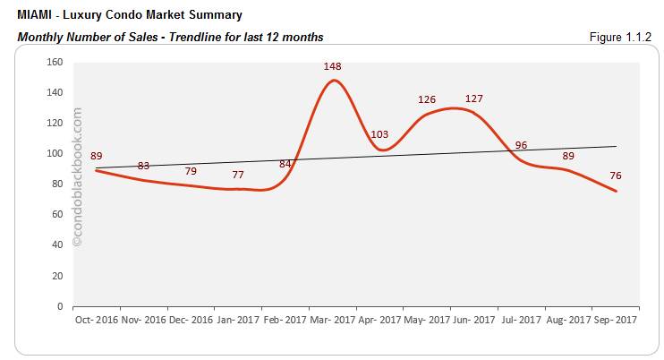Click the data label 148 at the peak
pyautogui.click(x=334, y=66)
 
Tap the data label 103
pyautogui.click(x=379, y=135)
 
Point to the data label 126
pyautogui.click(x=428, y=99)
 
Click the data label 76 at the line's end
pyautogui.click(x=616, y=176)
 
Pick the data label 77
pyautogui.click(x=238, y=175)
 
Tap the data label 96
pyautogui.click(x=521, y=145)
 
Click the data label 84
pyautogui.click(x=285, y=164)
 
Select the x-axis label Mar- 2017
pyautogui.click(x=332, y=320)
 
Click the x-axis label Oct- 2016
pyautogui.click(x=96, y=320)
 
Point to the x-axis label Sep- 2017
pyautogui.click(x=615, y=320)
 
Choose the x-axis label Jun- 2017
pyautogui.click(x=473, y=320)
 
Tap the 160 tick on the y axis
pyautogui.click(x=55, y=62)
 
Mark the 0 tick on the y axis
pyautogui.click(x=59, y=305)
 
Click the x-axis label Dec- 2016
pyautogui.click(x=190, y=320)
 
